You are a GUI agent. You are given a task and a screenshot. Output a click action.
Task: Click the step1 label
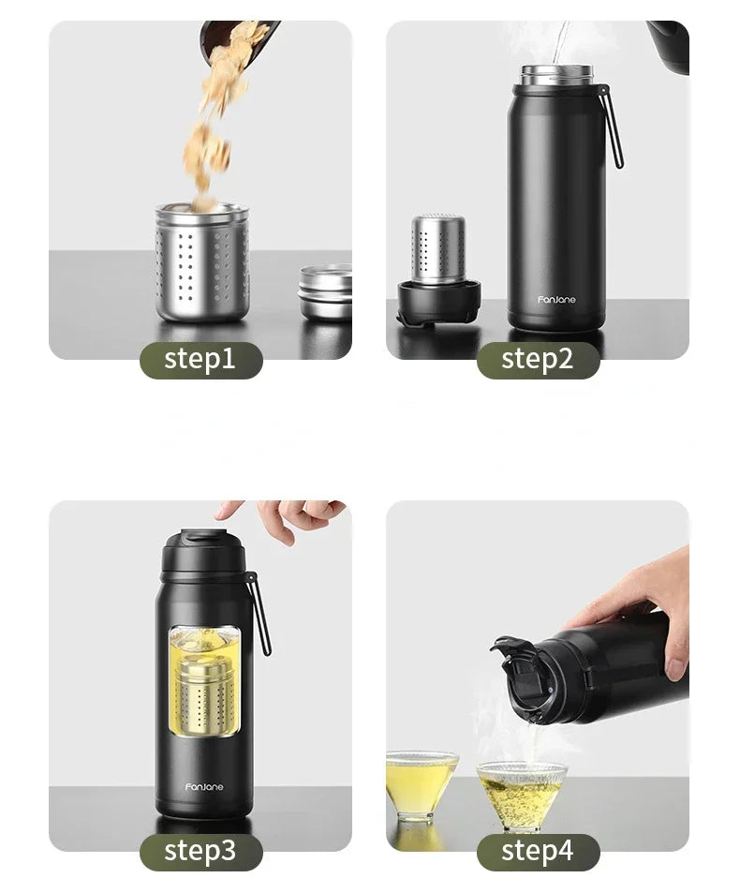coord(200,360)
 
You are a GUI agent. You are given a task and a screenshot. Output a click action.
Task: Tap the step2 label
coord(538,360)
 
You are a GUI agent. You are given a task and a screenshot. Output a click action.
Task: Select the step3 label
coord(200,851)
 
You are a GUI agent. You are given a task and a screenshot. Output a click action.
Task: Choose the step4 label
coord(538,851)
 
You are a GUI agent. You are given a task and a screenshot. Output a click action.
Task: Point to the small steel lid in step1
coord(326,291)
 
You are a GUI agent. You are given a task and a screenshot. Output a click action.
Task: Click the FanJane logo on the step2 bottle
coord(556,300)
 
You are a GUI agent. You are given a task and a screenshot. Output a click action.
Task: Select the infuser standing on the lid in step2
coord(439,248)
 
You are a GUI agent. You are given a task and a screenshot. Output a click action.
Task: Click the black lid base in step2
coord(438,303)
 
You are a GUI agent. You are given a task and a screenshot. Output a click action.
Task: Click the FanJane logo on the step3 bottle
coord(204,787)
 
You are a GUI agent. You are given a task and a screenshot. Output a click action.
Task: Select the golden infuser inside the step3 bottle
coord(204,693)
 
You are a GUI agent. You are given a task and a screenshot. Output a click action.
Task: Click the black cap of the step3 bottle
coord(203,551)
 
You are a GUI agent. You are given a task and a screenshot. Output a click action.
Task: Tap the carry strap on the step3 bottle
coord(259,614)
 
